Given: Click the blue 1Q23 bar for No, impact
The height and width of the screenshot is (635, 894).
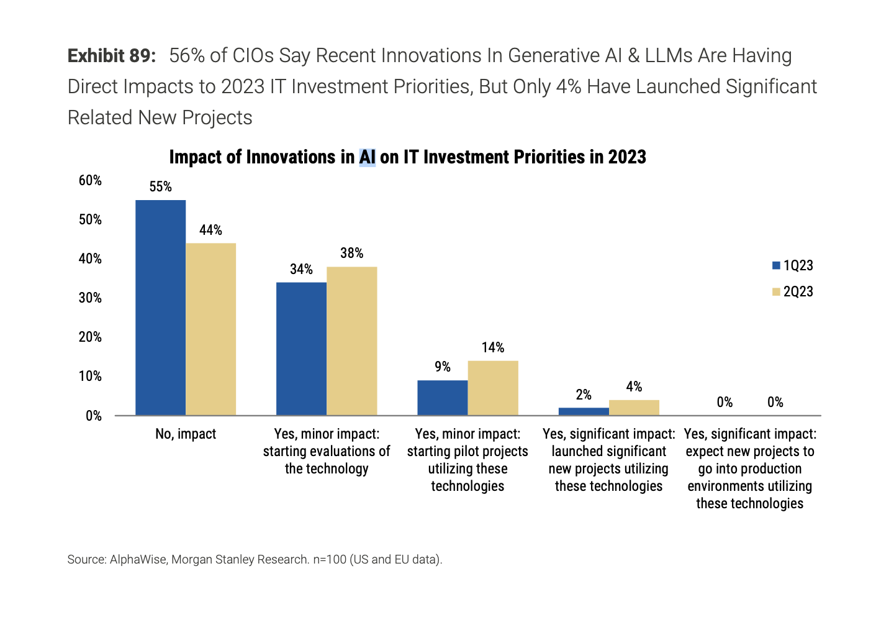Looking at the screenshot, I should pos(160,308).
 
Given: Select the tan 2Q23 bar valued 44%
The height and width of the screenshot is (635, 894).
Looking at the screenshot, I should pos(210,329).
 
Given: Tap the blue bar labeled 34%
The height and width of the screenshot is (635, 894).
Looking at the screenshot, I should pos(301,349).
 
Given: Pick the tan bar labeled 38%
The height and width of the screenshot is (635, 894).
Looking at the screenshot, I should pos(351,341).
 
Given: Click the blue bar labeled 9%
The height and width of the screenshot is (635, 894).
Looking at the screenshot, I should pos(442,398).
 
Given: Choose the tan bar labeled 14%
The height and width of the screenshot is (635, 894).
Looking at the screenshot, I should pos(493,388).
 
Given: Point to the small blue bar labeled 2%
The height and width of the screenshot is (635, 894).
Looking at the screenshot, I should pos(584,411).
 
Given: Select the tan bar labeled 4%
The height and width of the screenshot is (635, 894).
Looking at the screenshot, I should pos(634,408).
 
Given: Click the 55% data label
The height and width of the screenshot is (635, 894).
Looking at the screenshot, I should pos(160,187).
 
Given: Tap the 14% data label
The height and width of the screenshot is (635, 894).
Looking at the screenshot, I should pos(493,347).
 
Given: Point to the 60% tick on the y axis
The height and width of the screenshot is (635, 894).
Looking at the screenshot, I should pos(90,181).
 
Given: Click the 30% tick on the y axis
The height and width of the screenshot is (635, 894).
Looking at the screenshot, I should pos(90,298).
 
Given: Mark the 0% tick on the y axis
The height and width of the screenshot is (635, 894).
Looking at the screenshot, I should pos(93,416).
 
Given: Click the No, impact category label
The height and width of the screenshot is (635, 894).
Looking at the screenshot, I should pos(186,434).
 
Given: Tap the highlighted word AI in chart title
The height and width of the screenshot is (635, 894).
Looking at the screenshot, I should pos(367,157).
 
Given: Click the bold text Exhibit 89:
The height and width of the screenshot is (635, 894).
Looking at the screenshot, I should pos(112,56).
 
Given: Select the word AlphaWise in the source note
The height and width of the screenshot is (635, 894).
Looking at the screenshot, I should pos(138,559).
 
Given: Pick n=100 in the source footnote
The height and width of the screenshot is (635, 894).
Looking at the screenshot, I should pos(329,559).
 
